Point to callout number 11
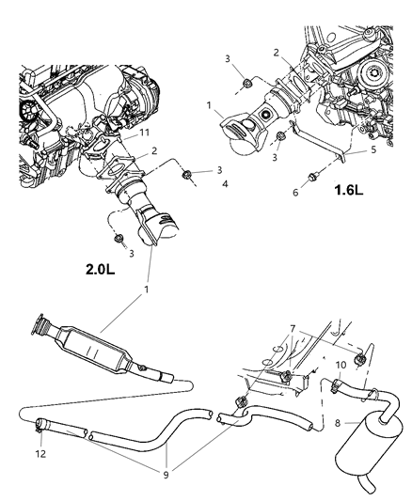pos(144,134)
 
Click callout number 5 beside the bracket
pos(347,149)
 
